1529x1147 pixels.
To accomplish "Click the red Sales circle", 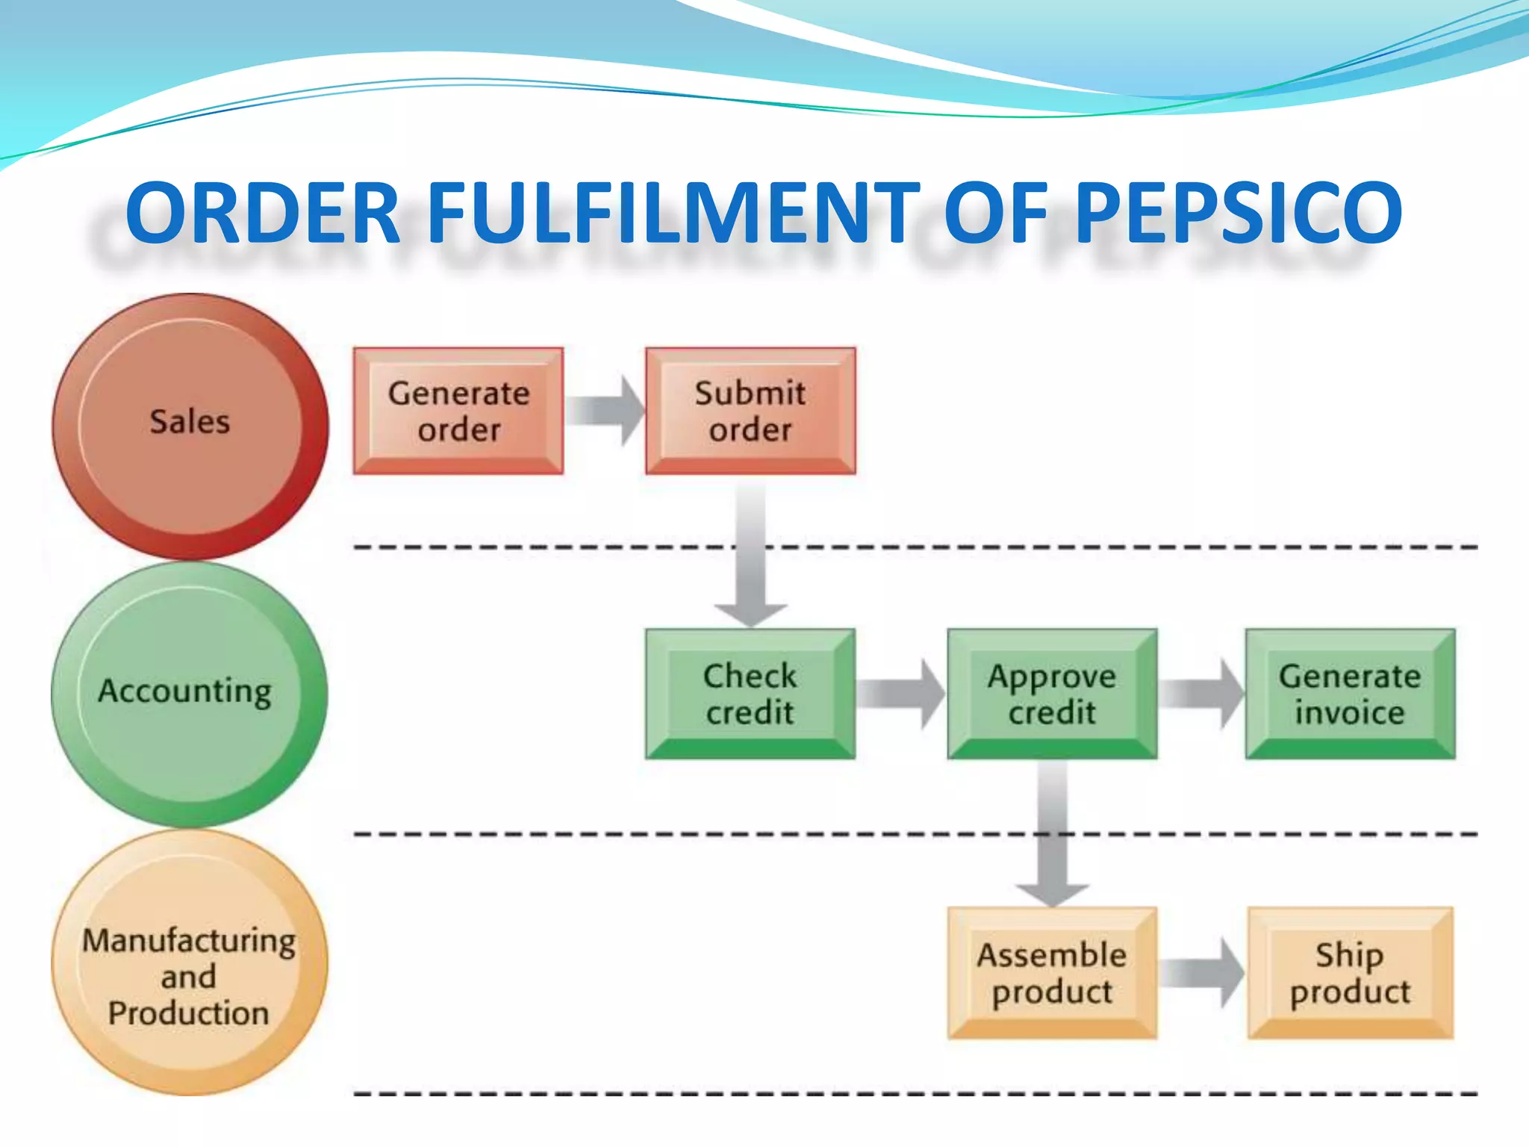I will pyautogui.click(x=190, y=425).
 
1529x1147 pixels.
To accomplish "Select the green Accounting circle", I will pyautogui.click(x=188, y=694).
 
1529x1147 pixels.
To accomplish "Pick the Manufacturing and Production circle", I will pyautogui.click(x=188, y=963).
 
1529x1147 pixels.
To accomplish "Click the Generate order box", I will pyautogui.click(x=458, y=411).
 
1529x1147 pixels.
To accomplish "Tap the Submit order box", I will pyautogui.click(x=750, y=411).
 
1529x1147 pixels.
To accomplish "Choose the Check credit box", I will pyautogui.click(x=750, y=694).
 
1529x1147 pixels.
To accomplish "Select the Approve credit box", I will pyautogui.click(x=1052, y=694).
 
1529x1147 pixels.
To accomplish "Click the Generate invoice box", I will pyautogui.click(x=1350, y=694).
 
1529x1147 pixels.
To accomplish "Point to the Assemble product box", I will pyautogui.click(x=1052, y=973).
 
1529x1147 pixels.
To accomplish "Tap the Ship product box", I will pyautogui.click(x=1350, y=973).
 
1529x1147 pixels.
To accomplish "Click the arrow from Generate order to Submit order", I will pyautogui.click(x=605, y=411).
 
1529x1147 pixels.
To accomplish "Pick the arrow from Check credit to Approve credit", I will pyautogui.click(x=900, y=694).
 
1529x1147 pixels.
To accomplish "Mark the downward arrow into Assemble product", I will pyautogui.click(x=1052, y=836).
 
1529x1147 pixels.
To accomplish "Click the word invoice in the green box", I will pyautogui.click(x=1350, y=712).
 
